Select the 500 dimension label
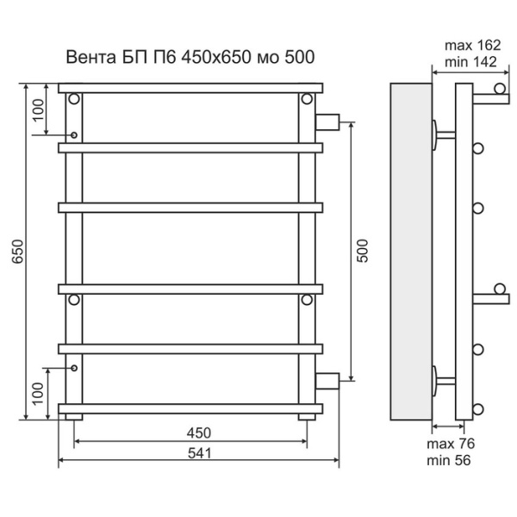click(x=363, y=250)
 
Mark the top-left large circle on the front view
click(x=75, y=99)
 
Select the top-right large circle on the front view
click(x=307, y=99)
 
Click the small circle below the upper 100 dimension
click(x=75, y=135)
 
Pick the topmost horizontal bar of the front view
click(x=190, y=87)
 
